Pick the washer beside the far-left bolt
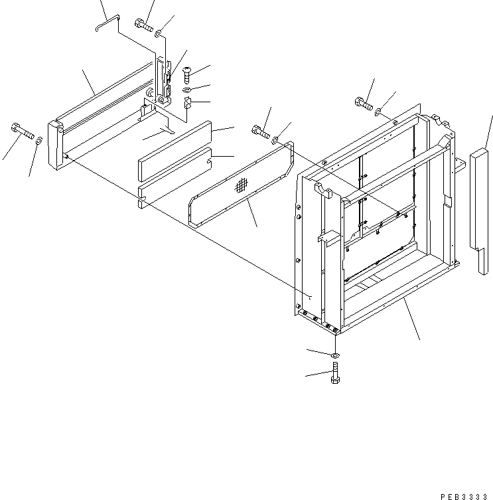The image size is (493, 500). pyautogui.click(x=40, y=139)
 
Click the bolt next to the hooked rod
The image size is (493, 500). pyautogui.click(x=143, y=26)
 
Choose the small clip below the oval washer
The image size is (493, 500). pyautogui.click(x=186, y=102)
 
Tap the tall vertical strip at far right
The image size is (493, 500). pyautogui.click(x=480, y=206)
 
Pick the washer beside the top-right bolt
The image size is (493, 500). pyautogui.click(x=378, y=110)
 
